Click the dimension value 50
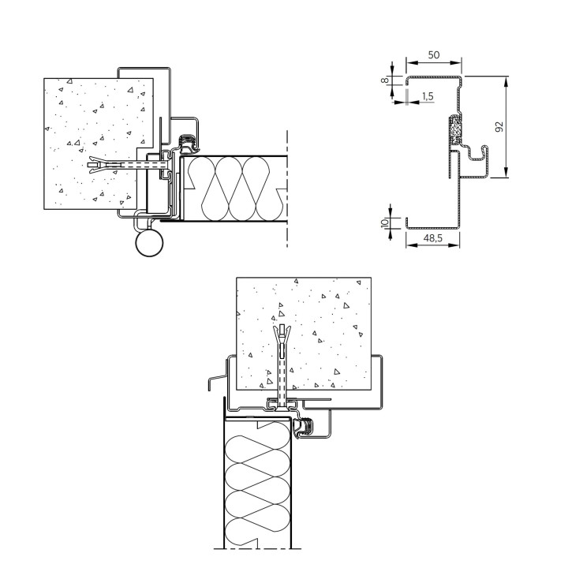click(x=434, y=55)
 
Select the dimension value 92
click(x=499, y=127)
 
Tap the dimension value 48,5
click(x=433, y=238)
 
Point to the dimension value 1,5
click(x=428, y=96)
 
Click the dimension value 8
click(x=385, y=80)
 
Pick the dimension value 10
click(x=385, y=222)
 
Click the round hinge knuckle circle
click(x=149, y=243)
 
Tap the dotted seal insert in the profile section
click(x=455, y=129)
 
